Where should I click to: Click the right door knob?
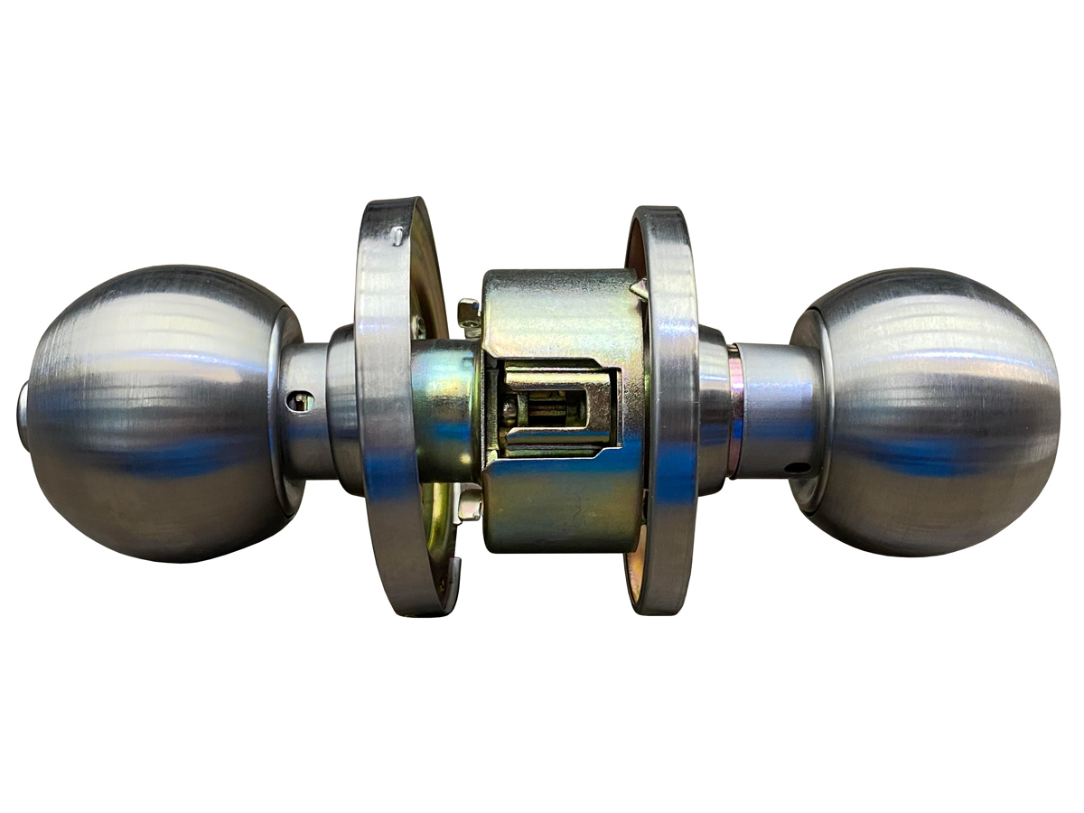(x=930, y=411)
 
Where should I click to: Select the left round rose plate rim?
(x=384, y=406)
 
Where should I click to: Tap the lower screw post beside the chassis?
(x=469, y=507)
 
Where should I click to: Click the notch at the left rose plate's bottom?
(x=450, y=578)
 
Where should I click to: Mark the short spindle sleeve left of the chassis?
(x=443, y=406)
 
